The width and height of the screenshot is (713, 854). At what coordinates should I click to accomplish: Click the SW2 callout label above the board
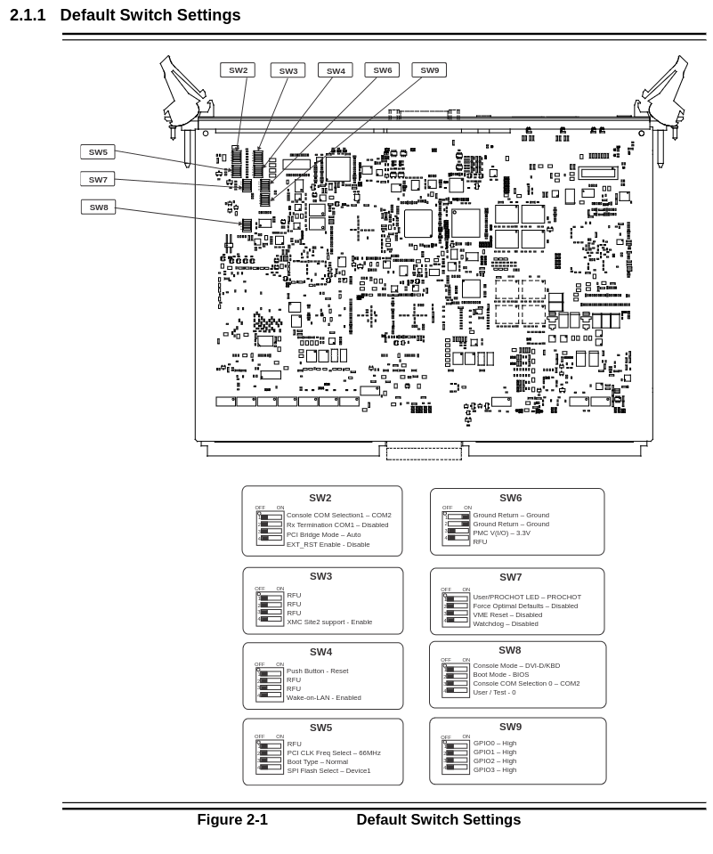tap(238, 70)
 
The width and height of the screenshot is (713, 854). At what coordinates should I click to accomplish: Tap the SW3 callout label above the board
tap(288, 70)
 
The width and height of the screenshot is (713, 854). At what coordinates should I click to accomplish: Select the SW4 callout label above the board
tap(336, 70)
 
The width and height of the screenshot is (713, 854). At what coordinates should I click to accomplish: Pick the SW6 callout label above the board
tap(382, 70)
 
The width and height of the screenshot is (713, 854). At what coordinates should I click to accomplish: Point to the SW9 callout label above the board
tap(429, 70)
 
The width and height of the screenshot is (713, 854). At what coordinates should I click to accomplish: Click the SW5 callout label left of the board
tap(98, 152)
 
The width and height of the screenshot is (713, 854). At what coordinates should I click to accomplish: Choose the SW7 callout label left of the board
tap(98, 179)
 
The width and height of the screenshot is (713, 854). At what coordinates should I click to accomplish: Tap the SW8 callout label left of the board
tap(98, 207)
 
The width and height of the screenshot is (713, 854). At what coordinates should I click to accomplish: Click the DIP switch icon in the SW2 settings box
tap(270, 527)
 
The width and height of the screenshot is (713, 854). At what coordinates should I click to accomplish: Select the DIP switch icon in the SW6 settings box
tap(457, 528)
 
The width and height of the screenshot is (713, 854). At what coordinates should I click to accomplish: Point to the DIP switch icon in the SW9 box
tap(456, 756)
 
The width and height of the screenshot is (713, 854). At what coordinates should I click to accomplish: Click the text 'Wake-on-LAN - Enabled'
tap(324, 697)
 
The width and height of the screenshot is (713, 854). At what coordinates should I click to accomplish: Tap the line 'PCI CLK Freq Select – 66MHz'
tap(334, 752)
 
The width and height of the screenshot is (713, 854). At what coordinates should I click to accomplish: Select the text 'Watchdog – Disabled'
tap(506, 623)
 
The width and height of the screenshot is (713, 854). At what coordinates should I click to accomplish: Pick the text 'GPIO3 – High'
tap(495, 769)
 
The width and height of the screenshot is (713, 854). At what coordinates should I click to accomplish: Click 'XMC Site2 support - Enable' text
tap(329, 622)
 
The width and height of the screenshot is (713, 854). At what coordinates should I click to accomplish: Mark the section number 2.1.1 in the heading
tap(28, 15)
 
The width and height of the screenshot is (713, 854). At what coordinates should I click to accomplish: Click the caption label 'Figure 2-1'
tap(232, 820)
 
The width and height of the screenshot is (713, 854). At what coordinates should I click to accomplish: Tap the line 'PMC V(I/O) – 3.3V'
tap(502, 533)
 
